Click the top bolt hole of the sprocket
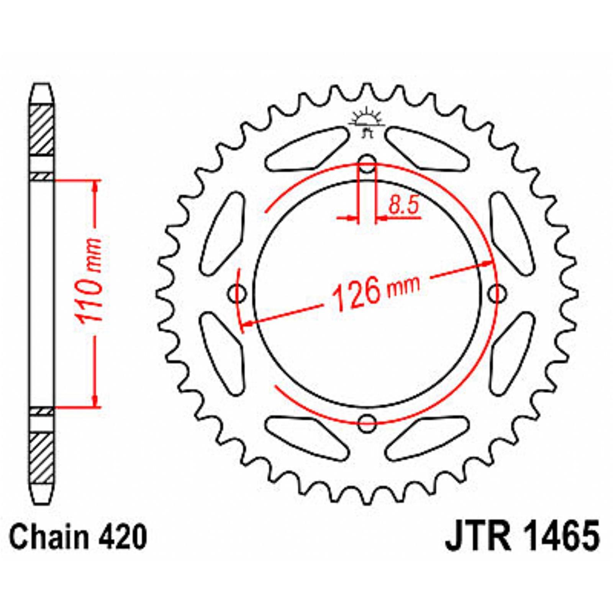(367, 164)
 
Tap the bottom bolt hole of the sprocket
(367, 423)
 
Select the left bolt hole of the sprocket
(238, 294)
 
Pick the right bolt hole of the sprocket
(497, 294)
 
